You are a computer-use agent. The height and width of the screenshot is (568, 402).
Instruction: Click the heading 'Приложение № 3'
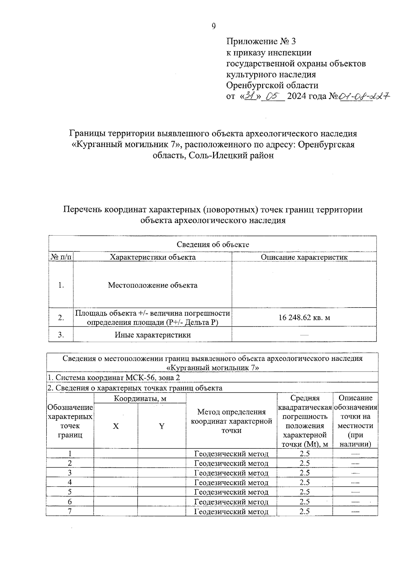[261, 42]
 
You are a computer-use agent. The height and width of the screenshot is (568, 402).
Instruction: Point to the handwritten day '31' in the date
[249, 96]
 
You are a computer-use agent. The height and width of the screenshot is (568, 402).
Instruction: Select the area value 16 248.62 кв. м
[304, 317]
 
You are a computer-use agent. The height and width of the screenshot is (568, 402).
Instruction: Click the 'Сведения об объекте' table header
[213, 244]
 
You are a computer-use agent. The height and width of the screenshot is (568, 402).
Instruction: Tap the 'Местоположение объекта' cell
[152, 285]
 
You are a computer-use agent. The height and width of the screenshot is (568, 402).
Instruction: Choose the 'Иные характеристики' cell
[152, 335]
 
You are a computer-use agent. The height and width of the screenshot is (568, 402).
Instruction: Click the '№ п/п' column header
[61, 257]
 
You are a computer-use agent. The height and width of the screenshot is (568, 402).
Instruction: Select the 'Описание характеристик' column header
[304, 257]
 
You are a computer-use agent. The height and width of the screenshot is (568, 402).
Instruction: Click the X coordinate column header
[116, 426]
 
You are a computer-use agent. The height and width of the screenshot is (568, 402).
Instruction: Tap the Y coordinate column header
[161, 426]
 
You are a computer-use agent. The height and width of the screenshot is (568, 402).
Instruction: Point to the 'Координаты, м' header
[140, 398]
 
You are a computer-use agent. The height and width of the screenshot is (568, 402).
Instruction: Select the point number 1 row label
[70, 454]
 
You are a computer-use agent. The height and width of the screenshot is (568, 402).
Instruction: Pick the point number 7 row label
[70, 511]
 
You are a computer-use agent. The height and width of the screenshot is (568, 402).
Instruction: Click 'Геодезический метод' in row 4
[231, 482]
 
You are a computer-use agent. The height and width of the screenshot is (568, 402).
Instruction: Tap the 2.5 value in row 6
[305, 502]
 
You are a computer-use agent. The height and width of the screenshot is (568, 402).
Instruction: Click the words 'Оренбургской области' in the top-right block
[272, 85]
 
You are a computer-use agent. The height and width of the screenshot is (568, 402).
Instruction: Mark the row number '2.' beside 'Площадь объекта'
[61, 318]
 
